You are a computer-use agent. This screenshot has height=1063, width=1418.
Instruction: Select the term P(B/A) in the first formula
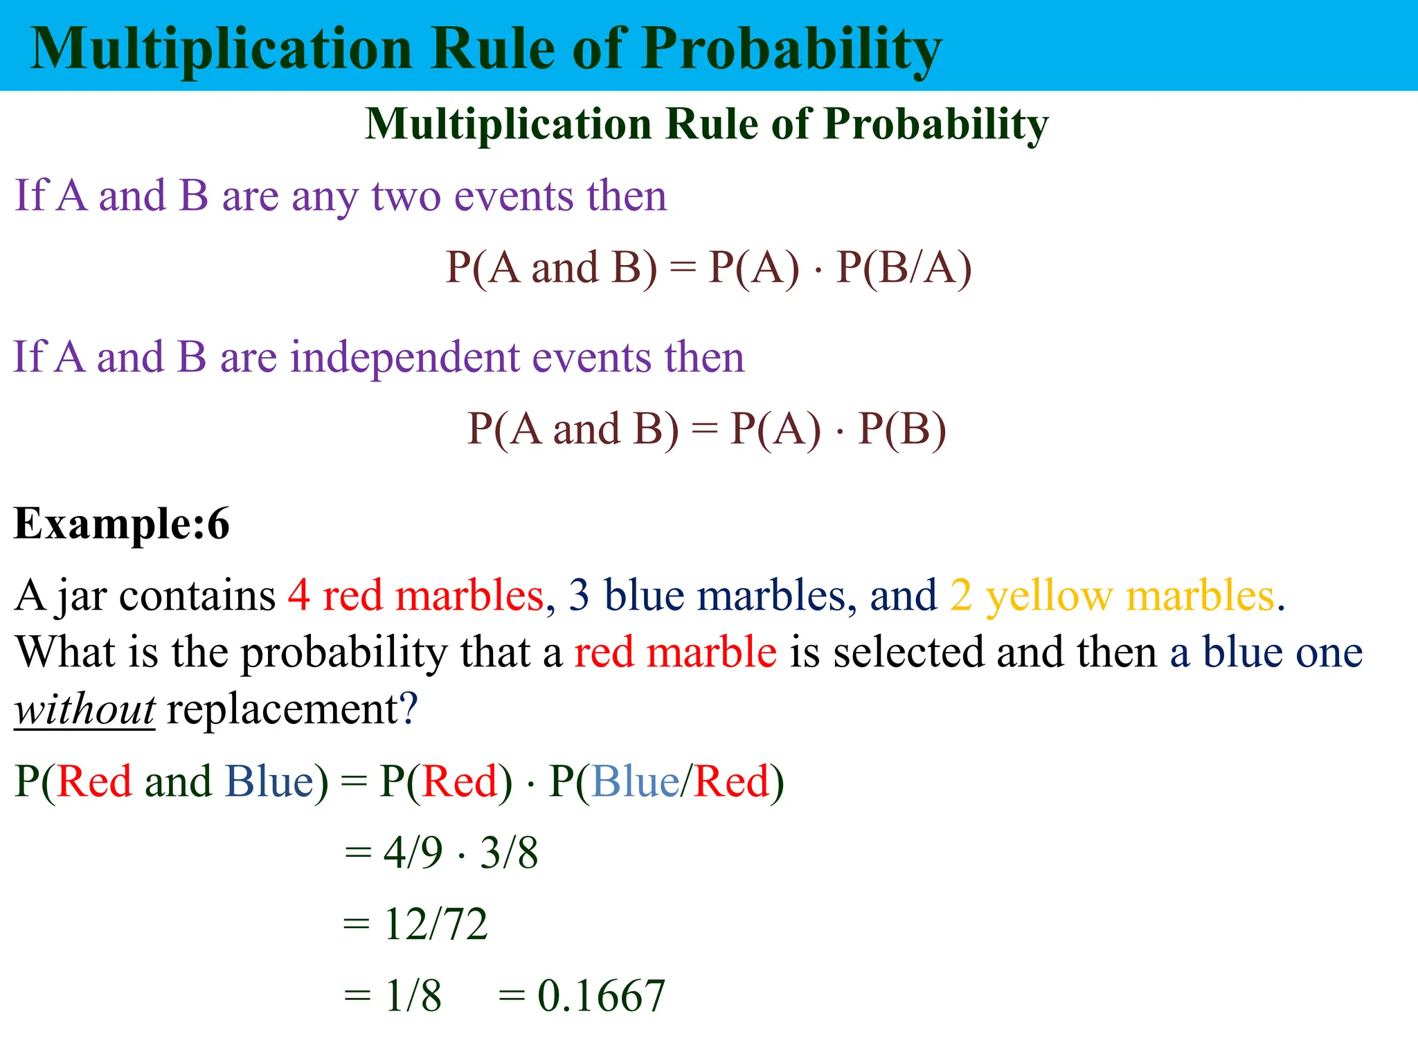tap(904, 268)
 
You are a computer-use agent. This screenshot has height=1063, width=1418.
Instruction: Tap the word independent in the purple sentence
tap(404, 358)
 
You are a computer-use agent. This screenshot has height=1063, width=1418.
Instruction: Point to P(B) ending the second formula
tap(901, 429)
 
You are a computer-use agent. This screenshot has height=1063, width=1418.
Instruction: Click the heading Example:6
tap(121, 524)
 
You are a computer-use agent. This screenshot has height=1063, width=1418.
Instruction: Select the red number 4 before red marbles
tap(298, 595)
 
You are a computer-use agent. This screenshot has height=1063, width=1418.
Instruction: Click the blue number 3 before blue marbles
tap(579, 595)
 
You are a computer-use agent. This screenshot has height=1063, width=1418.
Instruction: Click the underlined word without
tap(84, 710)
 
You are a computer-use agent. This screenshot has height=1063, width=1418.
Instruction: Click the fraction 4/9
tap(413, 853)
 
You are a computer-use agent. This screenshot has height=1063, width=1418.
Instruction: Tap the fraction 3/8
tap(509, 853)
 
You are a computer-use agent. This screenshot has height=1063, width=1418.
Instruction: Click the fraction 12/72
tap(436, 925)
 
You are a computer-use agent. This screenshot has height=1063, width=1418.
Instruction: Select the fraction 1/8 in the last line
tap(413, 997)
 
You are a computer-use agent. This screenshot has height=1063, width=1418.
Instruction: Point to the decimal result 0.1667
tap(601, 997)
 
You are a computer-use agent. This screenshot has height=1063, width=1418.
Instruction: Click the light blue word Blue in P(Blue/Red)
tap(635, 782)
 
